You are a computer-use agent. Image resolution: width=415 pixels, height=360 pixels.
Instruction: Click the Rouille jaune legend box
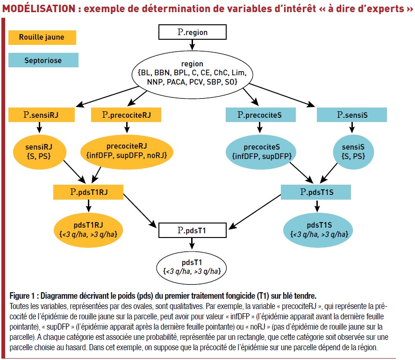pyautogui.click(x=43, y=37)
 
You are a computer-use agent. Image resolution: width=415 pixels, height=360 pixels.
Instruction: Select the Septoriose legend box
pyautogui.click(x=43, y=60)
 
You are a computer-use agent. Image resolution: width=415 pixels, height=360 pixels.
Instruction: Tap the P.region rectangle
pyautogui.click(x=193, y=32)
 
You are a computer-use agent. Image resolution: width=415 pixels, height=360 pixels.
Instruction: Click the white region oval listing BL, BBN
pyautogui.click(x=193, y=75)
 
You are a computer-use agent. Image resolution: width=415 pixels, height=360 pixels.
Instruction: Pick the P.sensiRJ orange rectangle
pyautogui.click(x=42, y=115)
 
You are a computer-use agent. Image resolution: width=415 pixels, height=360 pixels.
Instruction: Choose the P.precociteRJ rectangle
pyautogui.click(x=126, y=115)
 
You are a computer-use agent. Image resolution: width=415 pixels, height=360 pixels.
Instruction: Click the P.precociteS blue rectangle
pyautogui.click(x=261, y=115)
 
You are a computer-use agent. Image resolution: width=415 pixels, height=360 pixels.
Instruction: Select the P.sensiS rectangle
pyautogui.click(x=352, y=115)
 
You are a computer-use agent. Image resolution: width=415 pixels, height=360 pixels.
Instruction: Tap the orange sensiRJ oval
pyautogui.click(x=39, y=152)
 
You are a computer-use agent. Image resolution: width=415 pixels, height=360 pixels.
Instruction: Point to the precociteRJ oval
pyautogui.click(x=127, y=151)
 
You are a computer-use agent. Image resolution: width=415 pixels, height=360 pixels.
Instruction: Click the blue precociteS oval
pyautogui.click(x=261, y=152)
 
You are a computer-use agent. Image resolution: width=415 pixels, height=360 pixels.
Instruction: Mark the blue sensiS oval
pyautogui.click(x=353, y=152)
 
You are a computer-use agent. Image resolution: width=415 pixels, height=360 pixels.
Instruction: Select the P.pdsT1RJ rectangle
pyautogui.click(x=88, y=192)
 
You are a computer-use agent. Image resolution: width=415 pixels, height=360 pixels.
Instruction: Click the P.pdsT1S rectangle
pyautogui.click(x=316, y=192)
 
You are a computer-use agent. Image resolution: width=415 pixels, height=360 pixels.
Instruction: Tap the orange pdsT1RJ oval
pyautogui.click(x=88, y=230)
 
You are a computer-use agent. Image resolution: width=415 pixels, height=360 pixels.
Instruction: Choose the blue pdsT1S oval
pyautogui.click(x=318, y=230)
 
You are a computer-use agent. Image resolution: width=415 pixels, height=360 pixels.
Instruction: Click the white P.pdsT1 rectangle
pyautogui.click(x=193, y=230)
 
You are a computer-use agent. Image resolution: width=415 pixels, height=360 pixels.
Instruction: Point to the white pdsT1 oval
pyautogui.click(x=192, y=267)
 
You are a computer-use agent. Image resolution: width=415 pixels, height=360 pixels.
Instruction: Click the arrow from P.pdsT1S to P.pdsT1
pyautogui.click(x=255, y=212)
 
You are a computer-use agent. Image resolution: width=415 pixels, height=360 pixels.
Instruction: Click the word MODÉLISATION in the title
pyautogui.click(x=39, y=8)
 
